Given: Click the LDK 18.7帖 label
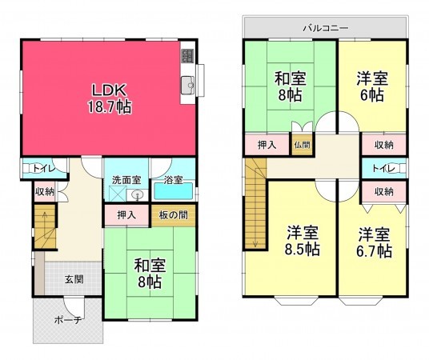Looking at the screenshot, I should (110, 97).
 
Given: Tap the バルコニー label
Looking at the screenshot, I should (325, 27).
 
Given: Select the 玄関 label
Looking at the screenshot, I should (74, 278).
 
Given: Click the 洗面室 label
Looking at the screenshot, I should (126, 180).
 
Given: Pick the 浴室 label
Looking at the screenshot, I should (174, 180).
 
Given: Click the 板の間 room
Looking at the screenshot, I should (173, 215).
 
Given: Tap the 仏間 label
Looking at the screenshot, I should (301, 145).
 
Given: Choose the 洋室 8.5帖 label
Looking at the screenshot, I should (303, 241).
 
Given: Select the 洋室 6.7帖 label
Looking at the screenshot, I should (374, 243).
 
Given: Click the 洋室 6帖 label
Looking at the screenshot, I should (373, 86).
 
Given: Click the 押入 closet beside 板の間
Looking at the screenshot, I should (126, 215).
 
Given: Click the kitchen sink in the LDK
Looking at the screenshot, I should (189, 84).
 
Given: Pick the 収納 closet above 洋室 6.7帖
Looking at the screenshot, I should (383, 192).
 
